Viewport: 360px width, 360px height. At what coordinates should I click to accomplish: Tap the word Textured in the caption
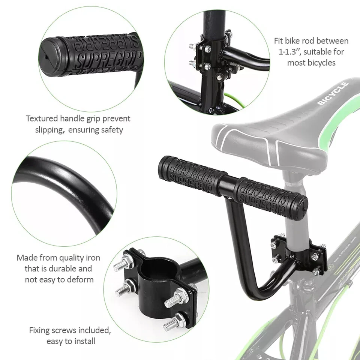tap(42, 118)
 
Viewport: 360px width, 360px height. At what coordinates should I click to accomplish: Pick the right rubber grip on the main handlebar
tap(270, 193)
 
